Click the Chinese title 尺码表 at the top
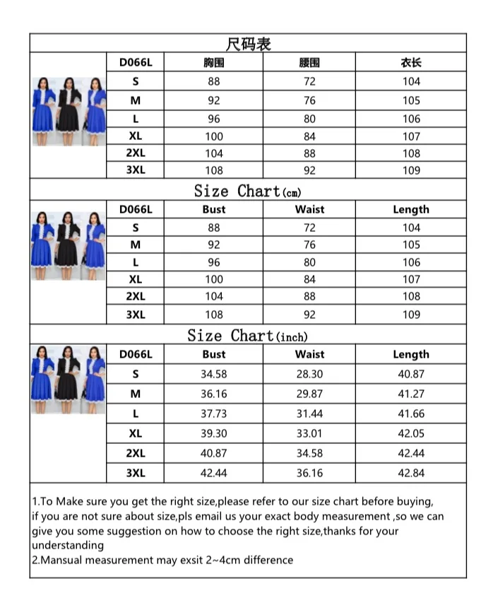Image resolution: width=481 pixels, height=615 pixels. pyautogui.click(x=248, y=44)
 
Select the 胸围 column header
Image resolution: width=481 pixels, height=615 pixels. pyautogui.click(x=213, y=63)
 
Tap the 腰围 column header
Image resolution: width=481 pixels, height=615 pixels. pyautogui.click(x=309, y=63)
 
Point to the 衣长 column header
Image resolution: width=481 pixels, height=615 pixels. pyautogui.click(x=411, y=63)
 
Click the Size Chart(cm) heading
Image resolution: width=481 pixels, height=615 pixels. pyautogui.click(x=248, y=191)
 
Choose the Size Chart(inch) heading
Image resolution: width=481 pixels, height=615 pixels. pyautogui.click(x=248, y=336)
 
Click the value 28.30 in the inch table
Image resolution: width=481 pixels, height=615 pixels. pyautogui.click(x=309, y=374)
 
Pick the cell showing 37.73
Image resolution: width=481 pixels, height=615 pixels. pyautogui.click(x=213, y=414)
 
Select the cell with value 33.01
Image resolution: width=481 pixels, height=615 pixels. pyautogui.click(x=309, y=433)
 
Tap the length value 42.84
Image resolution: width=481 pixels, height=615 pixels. pyautogui.click(x=411, y=473)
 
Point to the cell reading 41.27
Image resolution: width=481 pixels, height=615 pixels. pyautogui.click(x=411, y=394)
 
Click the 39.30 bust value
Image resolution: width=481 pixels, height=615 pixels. pyautogui.click(x=213, y=433)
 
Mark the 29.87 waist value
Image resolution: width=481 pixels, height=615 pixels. pyautogui.click(x=309, y=394)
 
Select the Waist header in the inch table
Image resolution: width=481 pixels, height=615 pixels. pyautogui.click(x=309, y=354)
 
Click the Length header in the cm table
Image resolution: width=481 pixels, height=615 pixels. pyautogui.click(x=411, y=209)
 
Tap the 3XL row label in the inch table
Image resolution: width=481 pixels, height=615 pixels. pyautogui.click(x=136, y=473)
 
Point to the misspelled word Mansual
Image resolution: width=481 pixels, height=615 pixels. pyautogui.click(x=64, y=560)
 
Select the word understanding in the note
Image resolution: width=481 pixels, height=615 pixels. pyautogui.click(x=68, y=545)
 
